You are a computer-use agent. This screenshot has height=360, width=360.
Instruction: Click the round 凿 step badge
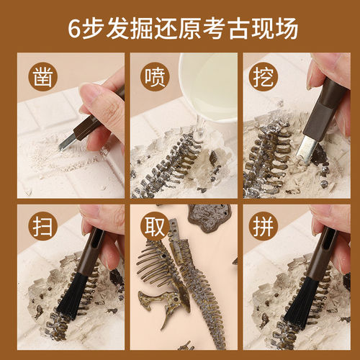click(x=42, y=76)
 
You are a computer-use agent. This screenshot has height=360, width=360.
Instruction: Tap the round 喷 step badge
click(x=155, y=76)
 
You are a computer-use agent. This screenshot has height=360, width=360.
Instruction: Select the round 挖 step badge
click(x=264, y=76)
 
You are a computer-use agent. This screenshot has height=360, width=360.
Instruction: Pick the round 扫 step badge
click(x=42, y=227)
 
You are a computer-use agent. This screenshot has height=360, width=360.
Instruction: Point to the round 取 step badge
click(x=155, y=227)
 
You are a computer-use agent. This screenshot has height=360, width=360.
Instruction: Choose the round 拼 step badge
click(x=264, y=227)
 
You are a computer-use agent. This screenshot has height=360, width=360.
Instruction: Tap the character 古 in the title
click(x=239, y=29)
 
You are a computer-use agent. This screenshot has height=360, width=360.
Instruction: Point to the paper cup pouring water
click(x=208, y=86)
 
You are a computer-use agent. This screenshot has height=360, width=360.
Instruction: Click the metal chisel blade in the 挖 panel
click(x=307, y=149)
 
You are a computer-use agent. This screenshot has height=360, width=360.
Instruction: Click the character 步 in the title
click(x=93, y=29)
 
